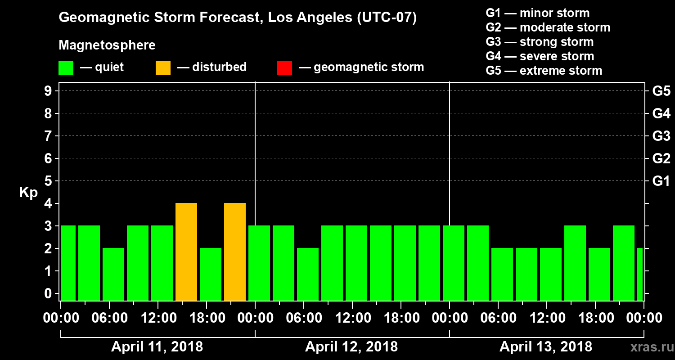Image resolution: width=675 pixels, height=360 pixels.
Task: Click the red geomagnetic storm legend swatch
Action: point(284,67)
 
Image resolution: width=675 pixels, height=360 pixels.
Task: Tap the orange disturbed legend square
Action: point(163,67)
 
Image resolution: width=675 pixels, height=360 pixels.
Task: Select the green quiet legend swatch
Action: point(66,67)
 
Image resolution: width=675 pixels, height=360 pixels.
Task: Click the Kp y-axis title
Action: point(28,192)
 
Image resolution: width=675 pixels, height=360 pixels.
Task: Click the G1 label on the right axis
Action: point(661,181)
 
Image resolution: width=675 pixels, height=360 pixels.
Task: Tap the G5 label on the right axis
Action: point(661,91)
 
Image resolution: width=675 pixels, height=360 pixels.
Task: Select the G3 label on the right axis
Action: point(661,136)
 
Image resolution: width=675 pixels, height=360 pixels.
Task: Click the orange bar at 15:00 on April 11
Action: point(186,252)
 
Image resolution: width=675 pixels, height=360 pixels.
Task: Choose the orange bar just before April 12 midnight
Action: point(235,252)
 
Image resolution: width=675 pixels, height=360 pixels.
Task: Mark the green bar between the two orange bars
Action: point(211,274)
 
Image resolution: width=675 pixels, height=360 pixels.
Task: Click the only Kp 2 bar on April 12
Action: point(308,274)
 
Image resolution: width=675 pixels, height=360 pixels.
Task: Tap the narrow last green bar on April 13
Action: point(640,274)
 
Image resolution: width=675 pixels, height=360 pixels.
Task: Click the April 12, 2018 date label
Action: point(351,347)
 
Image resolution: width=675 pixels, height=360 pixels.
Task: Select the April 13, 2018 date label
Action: point(546,347)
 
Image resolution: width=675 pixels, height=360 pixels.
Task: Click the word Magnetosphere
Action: point(107,45)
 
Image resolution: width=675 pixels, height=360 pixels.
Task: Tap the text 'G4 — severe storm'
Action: point(540,56)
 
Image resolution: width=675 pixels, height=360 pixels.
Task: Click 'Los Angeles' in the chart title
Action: point(303,18)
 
